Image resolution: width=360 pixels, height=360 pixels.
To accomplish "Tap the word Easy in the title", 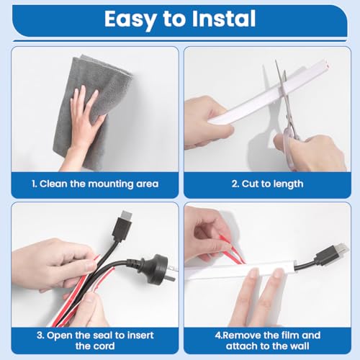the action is coord(130,19).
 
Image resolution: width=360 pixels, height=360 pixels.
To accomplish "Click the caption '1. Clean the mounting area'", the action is coord(95,184).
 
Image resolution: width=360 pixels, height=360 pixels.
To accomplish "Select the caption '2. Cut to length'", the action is coord(268,184).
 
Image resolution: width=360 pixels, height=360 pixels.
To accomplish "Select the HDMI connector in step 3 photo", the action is coord(125,225).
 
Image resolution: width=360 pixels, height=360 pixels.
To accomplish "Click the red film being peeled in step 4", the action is coord(230,250).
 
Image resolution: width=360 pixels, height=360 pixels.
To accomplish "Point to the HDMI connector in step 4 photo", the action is coord(333,254).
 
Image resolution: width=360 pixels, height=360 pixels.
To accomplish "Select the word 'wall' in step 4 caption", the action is coord(300,346).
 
